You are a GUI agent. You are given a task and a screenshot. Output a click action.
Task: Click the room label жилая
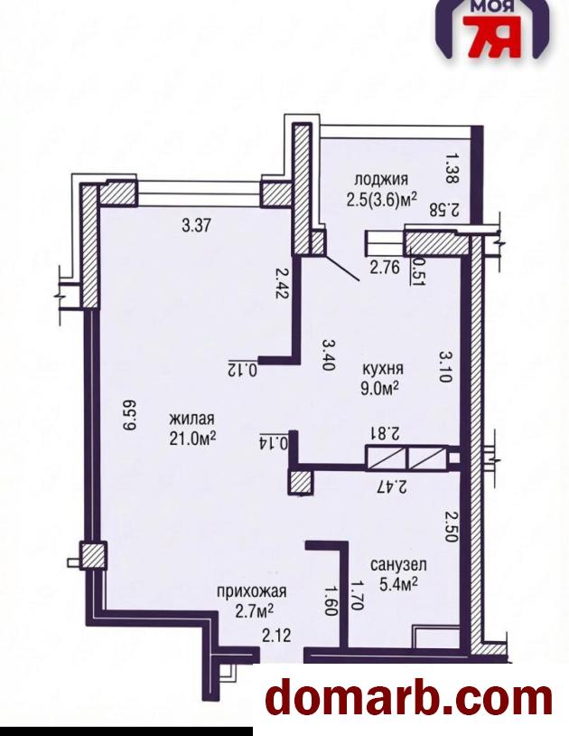(191, 419)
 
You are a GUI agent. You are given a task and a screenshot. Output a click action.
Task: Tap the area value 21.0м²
(192, 438)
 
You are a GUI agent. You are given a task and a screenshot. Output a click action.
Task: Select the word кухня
(383, 369)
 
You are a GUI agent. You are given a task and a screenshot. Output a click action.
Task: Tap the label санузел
(398, 564)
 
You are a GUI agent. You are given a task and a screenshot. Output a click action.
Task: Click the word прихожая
(251, 591)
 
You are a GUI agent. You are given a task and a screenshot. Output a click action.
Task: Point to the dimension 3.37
(197, 226)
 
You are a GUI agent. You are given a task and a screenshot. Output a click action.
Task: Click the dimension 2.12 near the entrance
(277, 636)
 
